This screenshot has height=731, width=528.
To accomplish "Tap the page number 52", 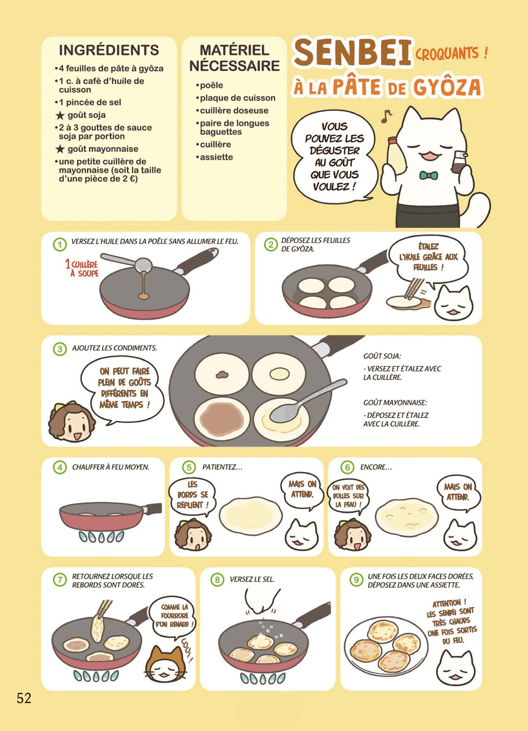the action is click(24, 698).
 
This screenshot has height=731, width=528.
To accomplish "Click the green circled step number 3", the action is click(60, 349).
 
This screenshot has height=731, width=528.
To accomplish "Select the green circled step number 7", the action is click(60, 580).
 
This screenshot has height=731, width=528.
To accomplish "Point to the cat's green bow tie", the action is click(429, 175).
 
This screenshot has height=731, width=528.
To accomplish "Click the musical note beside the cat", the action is click(386, 116).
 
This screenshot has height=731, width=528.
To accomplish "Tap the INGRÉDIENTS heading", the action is click(109, 50).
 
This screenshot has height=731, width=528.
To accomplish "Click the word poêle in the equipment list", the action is click(212, 85).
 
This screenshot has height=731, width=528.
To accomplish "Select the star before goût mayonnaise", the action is click(60, 149).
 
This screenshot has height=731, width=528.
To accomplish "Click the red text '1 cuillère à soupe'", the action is click(82, 268).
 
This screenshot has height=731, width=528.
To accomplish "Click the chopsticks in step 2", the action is click(414, 288).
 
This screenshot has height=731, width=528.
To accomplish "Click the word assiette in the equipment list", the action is click(216, 157).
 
